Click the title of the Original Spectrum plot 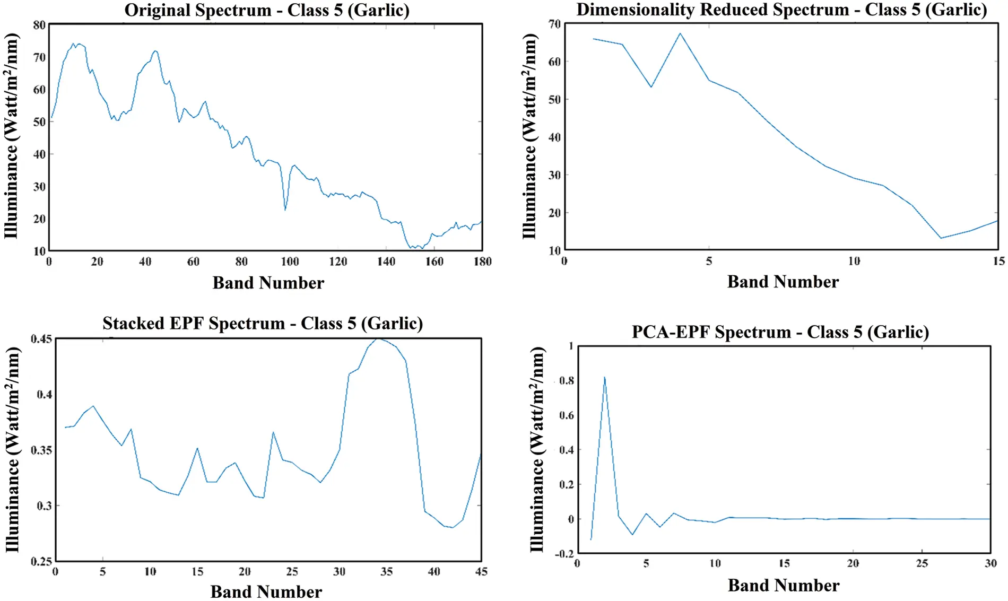(x=267, y=10)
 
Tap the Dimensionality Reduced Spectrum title (x=781, y=10)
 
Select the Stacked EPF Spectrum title (x=263, y=323)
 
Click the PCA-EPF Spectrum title (x=780, y=332)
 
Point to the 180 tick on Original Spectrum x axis (x=482, y=262)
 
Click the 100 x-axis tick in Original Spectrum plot (x=290, y=262)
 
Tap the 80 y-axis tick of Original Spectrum (x=39, y=25)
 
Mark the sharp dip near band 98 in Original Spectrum (x=285, y=210)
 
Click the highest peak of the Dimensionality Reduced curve (x=680, y=34)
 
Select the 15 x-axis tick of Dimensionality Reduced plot (x=999, y=261)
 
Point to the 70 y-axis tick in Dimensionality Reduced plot (x=555, y=24)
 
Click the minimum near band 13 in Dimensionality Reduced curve (x=941, y=238)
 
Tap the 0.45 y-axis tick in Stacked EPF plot (x=41, y=338)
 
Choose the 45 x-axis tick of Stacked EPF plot (x=481, y=572)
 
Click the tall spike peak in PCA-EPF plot (x=605, y=377)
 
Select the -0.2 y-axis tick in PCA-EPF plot (x=564, y=554)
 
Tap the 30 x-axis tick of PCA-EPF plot (x=990, y=563)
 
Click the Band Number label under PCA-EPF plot (x=784, y=586)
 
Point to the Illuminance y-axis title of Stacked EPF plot (x=13, y=450)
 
